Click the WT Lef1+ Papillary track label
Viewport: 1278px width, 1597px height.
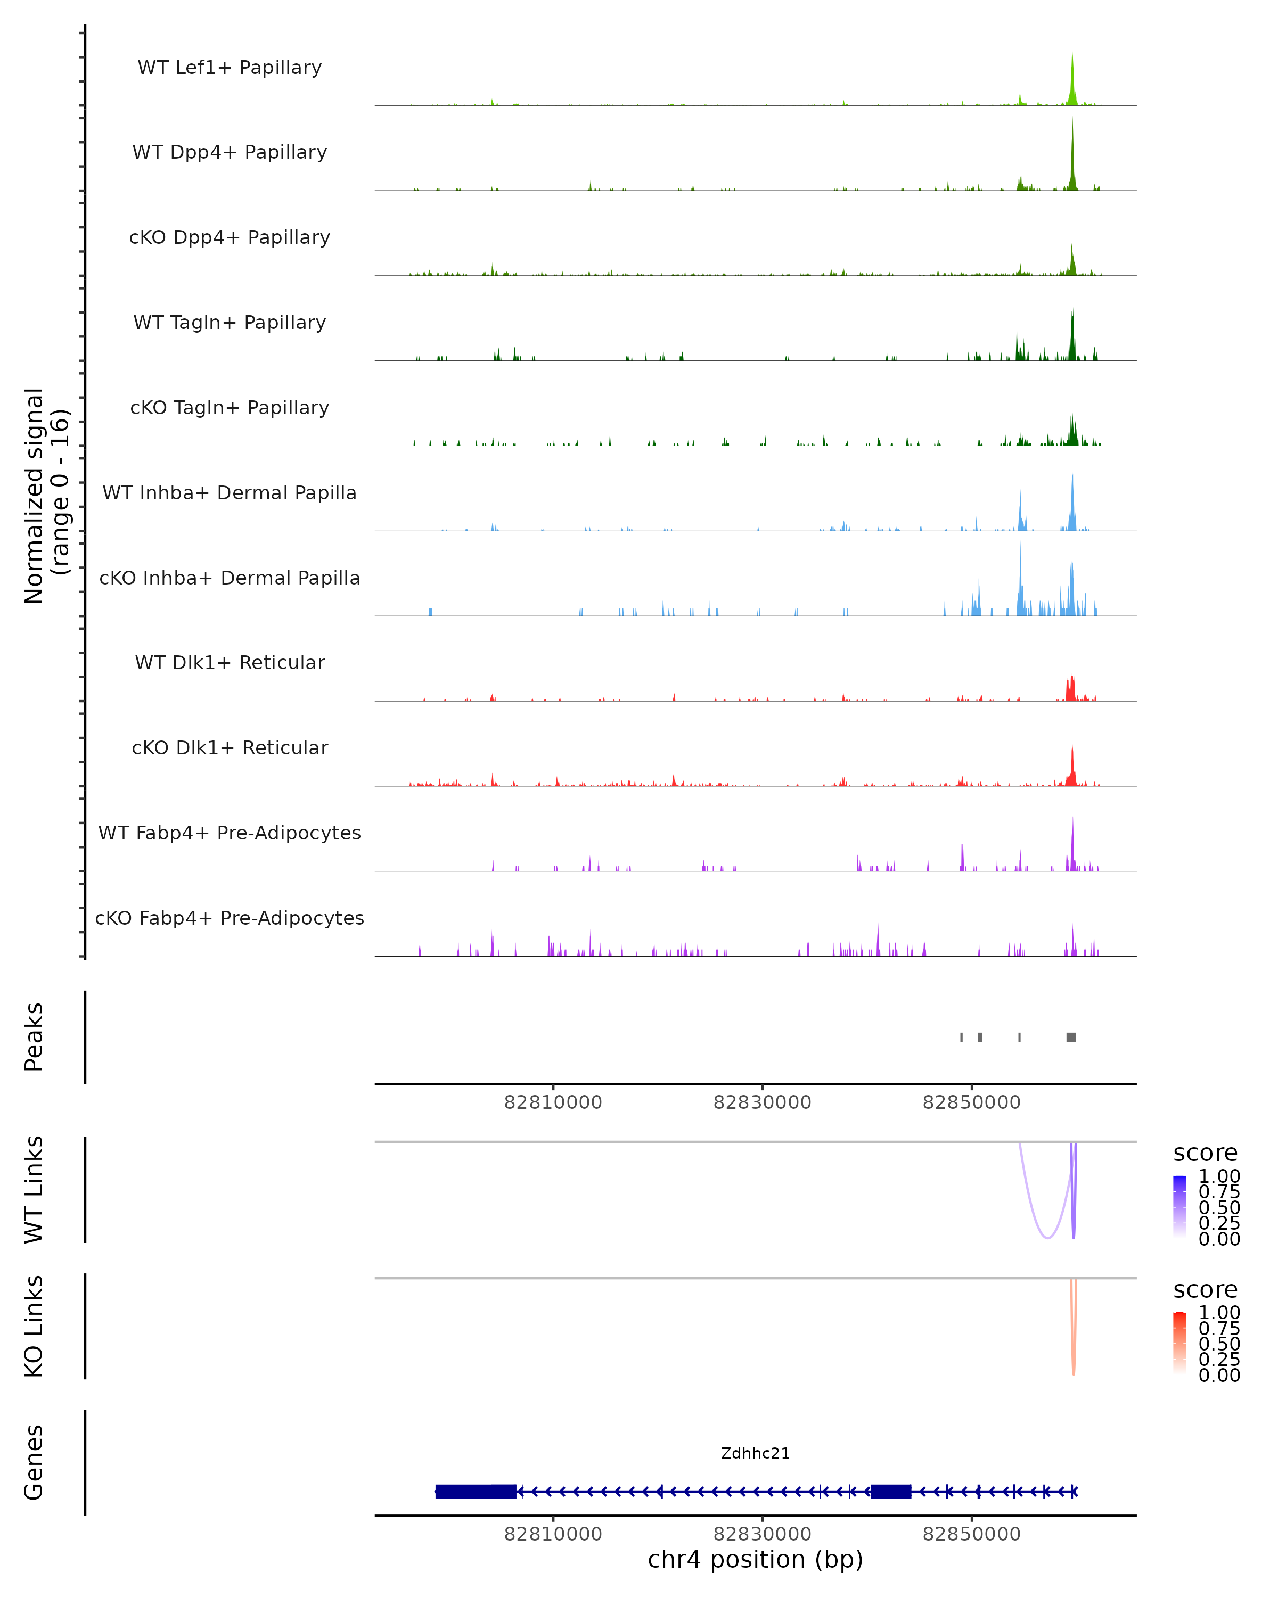point(230,68)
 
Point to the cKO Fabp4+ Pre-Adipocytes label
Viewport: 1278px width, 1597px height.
point(230,918)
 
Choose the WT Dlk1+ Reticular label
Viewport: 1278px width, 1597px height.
point(230,662)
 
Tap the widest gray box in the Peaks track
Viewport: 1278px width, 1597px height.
point(1071,1037)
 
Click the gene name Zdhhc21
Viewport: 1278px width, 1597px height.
point(755,1453)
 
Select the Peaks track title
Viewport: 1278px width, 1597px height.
point(34,1037)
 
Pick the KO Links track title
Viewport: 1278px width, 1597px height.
point(34,1326)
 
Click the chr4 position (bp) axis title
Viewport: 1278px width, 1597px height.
point(755,1559)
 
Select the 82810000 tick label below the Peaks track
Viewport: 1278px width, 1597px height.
point(553,1102)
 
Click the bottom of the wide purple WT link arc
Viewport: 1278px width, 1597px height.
point(1047,1237)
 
